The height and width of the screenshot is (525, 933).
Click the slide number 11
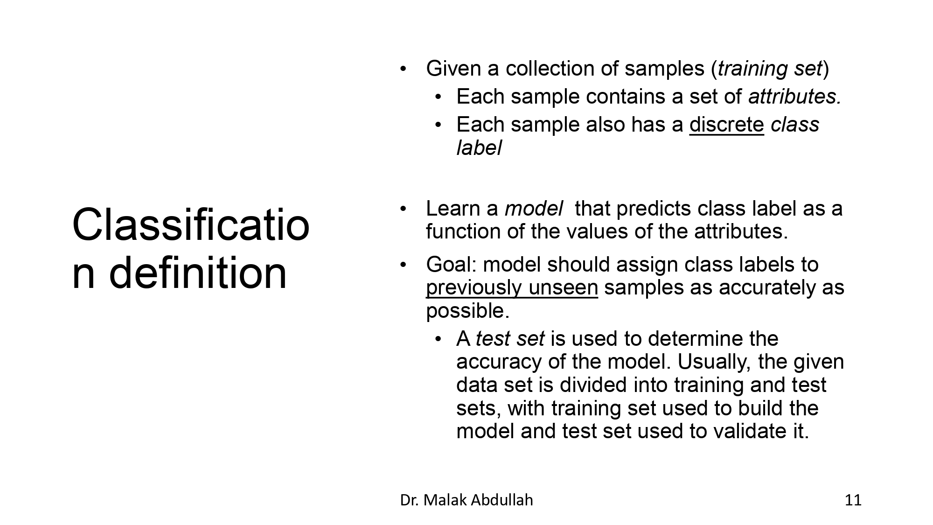pos(853,500)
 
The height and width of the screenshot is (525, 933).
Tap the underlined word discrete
pos(726,125)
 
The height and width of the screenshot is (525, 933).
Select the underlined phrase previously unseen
pos(512,288)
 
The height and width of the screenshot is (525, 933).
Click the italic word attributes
pos(794,97)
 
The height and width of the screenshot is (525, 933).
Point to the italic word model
pos(534,209)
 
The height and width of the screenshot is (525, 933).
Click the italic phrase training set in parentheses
pos(770,69)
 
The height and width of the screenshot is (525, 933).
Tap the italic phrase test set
pos(509,339)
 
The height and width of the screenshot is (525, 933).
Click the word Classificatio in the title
pos(191,225)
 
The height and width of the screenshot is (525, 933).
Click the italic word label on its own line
pos(479,148)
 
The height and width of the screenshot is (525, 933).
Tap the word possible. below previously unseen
pos(467,311)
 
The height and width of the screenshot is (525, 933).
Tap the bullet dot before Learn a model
pos(404,209)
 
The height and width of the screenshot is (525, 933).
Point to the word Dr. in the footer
pos(409,500)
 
